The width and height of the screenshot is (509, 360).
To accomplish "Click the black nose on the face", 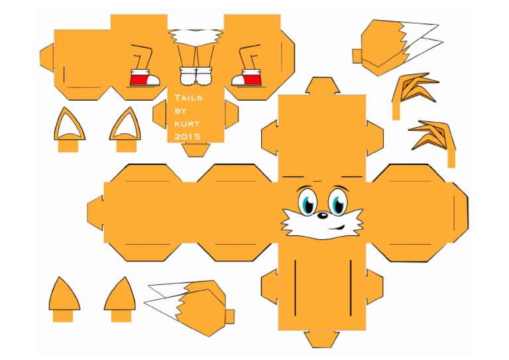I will pyautogui.click(x=321, y=215).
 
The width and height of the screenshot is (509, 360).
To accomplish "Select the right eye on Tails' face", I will pyautogui.click(x=338, y=202).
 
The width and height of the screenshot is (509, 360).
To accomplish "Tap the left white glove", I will pyautogui.click(x=188, y=76).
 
